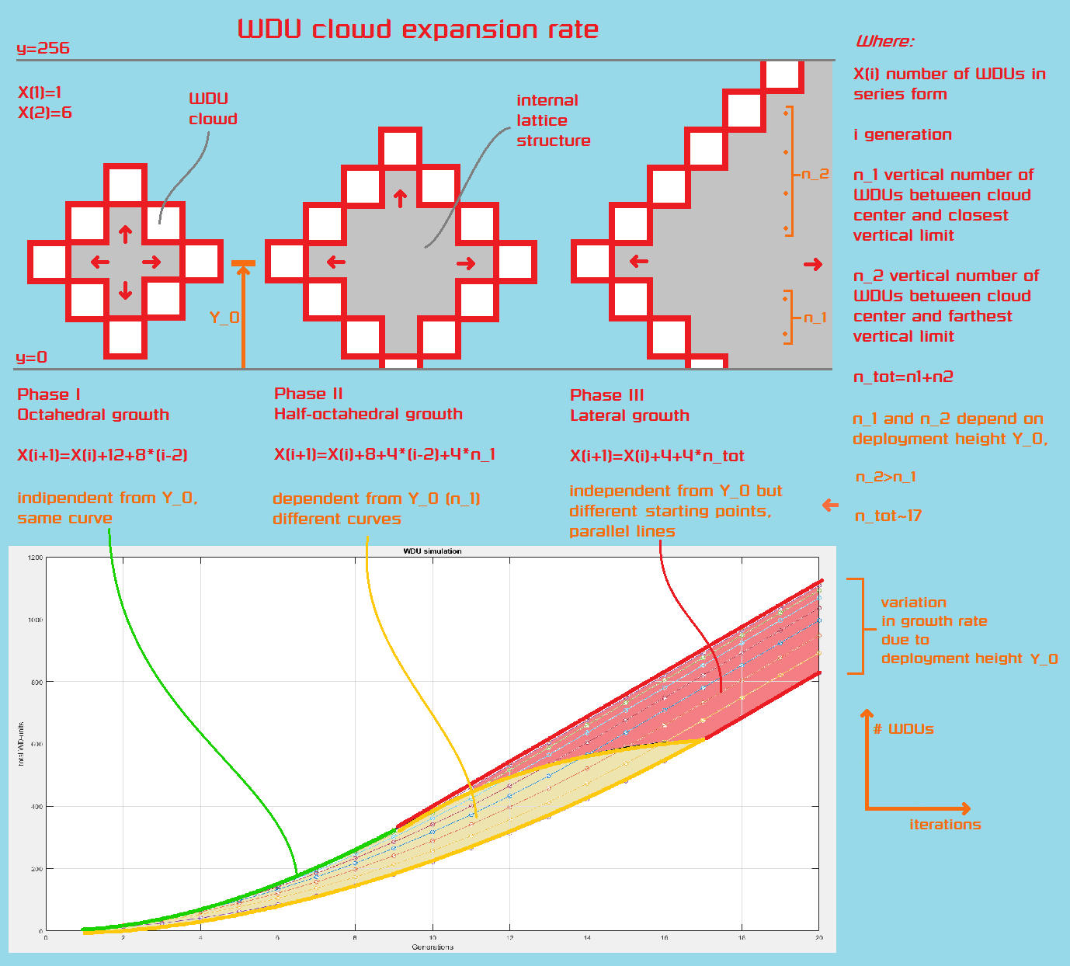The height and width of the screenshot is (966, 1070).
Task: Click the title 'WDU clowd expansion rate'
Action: click(418, 30)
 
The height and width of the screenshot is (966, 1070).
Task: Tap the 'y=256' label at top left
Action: click(43, 48)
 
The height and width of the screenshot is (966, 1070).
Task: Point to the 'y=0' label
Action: click(31, 357)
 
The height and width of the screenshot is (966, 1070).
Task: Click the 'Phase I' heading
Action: click(49, 394)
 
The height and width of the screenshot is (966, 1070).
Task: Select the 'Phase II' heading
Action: click(308, 394)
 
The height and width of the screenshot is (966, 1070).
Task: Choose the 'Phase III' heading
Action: click(606, 395)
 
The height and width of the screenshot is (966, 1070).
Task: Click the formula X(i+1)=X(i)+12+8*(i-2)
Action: click(102, 455)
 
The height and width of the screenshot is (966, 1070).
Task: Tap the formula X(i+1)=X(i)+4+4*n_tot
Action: click(657, 456)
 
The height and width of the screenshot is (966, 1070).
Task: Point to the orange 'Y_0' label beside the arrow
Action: click(224, 318)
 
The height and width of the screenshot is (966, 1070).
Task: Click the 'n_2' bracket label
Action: click(815, 174)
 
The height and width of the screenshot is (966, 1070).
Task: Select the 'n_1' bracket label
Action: click(815, 318)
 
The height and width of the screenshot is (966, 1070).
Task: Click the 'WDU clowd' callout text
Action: click(213, 109)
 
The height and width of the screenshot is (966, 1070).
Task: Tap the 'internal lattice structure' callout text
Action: click(553, 120)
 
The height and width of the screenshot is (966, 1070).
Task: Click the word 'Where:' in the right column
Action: click(884, 42)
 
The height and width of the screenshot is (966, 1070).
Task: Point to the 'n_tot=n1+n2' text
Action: click(903, 377)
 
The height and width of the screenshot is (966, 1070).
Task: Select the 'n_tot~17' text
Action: click(888, 516)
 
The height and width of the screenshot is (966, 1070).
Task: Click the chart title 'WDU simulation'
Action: click(433, 551)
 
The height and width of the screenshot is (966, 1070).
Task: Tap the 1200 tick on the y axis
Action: click(35, 558)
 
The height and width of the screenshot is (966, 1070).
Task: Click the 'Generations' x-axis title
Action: click(433, 947)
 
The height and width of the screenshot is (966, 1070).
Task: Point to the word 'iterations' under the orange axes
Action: click(945, 825)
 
